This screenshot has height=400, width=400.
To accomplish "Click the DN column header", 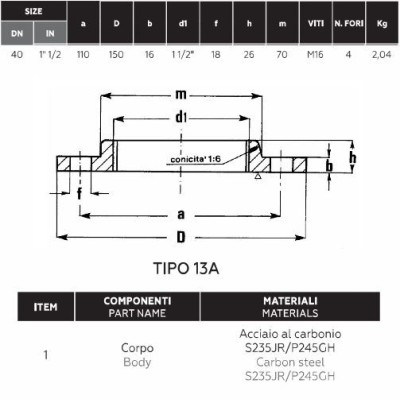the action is [x=17, y=33].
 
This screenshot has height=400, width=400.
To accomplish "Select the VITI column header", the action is [x=316, y=23].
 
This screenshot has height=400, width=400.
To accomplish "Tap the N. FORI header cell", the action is [x=349, y=23].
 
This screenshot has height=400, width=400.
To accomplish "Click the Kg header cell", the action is [x=382, y=23].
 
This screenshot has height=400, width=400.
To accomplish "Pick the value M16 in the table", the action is [x=315, y=54].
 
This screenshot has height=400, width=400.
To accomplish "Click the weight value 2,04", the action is [x=382, y=55].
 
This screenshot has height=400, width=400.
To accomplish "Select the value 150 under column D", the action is [x=116, y=54].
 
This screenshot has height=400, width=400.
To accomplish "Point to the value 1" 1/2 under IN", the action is [x=50, y=54].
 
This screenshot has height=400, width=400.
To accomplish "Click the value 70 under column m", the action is [x=282, y=54].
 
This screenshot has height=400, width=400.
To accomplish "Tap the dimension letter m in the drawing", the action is [x=181, y=95].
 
